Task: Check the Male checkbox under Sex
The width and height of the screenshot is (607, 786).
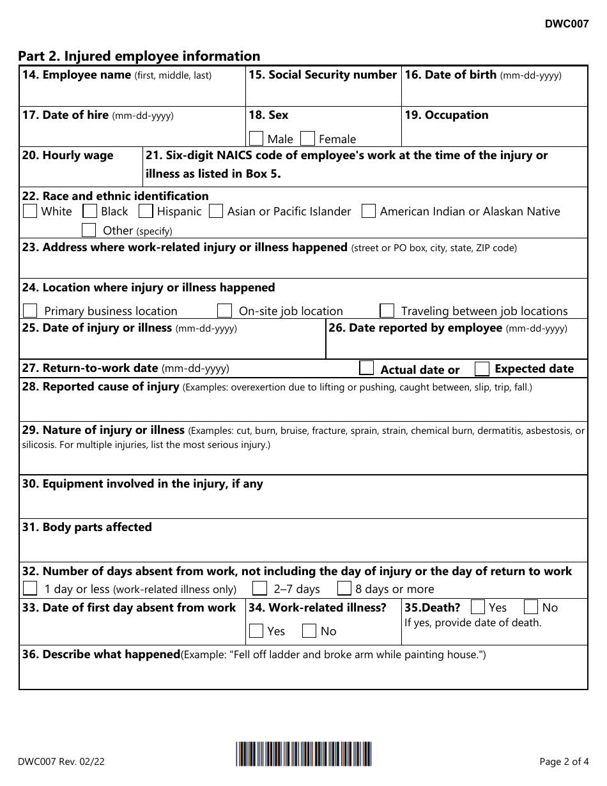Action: pyautogui.click(x=256, y=139)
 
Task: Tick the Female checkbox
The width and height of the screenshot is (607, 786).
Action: pyautogui.click(x=307, y=139)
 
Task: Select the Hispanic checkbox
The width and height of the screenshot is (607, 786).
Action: pyautogui.click(x=146, y=211)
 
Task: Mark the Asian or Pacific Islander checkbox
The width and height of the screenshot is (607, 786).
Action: pyautogui.click(x=216, y=211)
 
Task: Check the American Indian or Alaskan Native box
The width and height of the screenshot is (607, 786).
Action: pyautogui.click(x=368, y=211)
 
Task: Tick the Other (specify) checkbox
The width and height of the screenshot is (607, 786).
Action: pyautogui.click(x=89, y=230)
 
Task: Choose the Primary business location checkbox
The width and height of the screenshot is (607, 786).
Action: pyautogui.click(x=30, y=311)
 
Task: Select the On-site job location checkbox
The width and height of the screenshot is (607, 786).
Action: pyautogui.click(x=224, y=311)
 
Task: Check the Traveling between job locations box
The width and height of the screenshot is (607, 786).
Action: pyautogui.click(x=387, y=311)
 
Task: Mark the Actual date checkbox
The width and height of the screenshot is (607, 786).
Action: pyautogui.click(x=366, y=368)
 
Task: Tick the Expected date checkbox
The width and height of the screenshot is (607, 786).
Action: pyautogui.click(x=482, y=369)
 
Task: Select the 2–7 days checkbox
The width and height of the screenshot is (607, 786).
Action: pyautogui.click(x=259, y=589)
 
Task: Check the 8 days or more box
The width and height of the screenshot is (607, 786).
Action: pyautogui.click(x=344, y=589)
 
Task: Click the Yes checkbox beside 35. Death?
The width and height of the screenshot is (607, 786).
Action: pyautogui.click(x=477, y=607)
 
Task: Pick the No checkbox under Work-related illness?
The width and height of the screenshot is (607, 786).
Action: pyautogui.click(x=309, y=631)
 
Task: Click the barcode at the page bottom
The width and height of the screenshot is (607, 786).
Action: pyautogui.click(x=303, y=754)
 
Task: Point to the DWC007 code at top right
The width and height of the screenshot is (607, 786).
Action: pyautogui.click(x=567, y=24)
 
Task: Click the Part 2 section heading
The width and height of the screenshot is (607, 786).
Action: pyautogui.click(x=139, y=56)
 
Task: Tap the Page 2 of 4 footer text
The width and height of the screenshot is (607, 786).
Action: pyautogui.click(x=563, y=761)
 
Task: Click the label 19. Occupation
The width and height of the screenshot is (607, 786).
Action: pyautogui.click(x=446, y=115)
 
